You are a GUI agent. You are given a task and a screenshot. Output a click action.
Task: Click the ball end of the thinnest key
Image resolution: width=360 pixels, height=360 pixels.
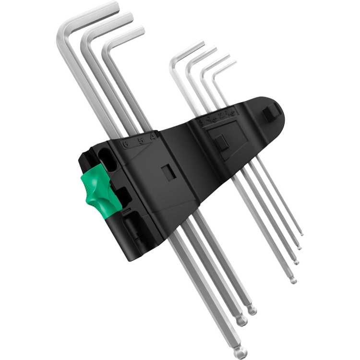301,234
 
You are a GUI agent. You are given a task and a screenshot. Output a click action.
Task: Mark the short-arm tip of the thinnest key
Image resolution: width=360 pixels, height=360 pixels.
234,63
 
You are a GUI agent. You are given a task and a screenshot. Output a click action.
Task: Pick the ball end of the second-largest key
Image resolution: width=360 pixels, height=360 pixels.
242,321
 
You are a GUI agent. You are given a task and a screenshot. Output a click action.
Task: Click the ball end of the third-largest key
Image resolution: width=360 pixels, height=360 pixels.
252,310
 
